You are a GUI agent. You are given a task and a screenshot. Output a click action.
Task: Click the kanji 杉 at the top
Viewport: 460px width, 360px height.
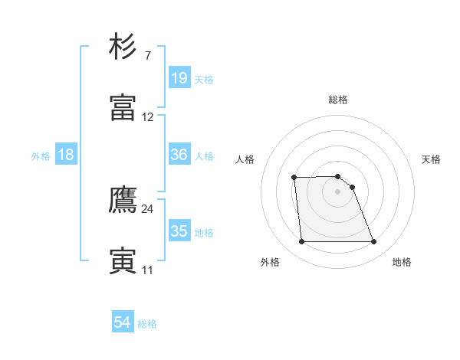click(123, 47)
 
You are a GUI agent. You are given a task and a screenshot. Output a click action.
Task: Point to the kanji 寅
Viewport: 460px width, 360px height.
click(123, 260)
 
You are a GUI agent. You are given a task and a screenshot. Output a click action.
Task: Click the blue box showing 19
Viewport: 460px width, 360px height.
click(179, 78)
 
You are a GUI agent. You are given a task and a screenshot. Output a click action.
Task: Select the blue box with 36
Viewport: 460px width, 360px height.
click(179, 155)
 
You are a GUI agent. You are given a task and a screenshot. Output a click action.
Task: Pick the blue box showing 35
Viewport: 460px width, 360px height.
click(179, 231)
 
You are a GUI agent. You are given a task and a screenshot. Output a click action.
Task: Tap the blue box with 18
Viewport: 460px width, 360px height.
click(66, 155)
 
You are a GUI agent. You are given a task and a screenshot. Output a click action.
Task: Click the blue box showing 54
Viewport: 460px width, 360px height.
click(123, 322)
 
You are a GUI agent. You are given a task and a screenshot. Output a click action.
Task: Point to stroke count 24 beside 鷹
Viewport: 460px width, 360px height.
click(147, 208)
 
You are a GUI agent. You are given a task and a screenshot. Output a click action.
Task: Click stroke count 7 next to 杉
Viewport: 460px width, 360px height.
click(147, 55)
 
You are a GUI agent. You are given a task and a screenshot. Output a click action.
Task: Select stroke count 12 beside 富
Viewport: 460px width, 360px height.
click(147, 117)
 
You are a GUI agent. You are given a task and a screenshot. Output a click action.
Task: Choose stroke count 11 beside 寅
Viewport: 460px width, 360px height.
click(147, 270)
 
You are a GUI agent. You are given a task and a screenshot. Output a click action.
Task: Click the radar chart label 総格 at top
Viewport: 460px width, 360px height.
click(337, 100)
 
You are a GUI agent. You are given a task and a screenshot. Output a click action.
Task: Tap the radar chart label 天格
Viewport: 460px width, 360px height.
click(431, 159)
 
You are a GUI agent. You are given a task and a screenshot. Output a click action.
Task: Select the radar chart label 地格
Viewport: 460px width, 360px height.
click(402, 262)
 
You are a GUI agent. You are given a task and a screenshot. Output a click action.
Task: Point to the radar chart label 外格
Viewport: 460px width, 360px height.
click(270, 262)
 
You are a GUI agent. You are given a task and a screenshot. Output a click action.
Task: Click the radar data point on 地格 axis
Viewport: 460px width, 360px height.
click(373, 242)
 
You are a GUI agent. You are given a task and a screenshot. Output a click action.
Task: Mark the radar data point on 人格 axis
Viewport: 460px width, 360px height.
click(294, 178)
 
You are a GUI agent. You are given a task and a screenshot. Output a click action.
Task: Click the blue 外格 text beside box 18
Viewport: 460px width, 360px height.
click(41, 155)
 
